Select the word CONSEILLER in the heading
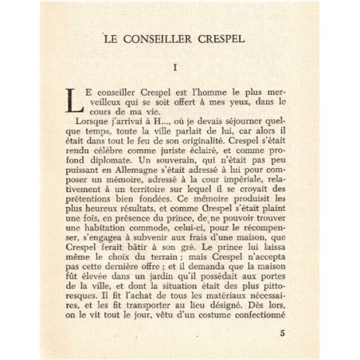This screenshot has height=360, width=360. (154, 37)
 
